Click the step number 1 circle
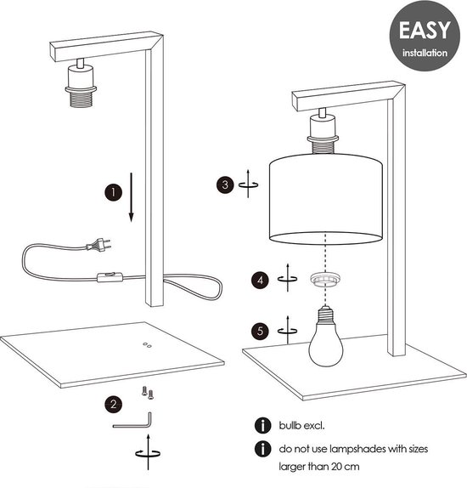[x=113, y=192]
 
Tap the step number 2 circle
[x=113, y=405]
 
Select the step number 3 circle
[x=225, y=184]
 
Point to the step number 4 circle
[x=260, y=280]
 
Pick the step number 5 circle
[x=260, y=331]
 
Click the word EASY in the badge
[x=425, y=31]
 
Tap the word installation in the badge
[x=425, y=53]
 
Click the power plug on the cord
[x=98, y=245]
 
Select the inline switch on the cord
[x=110, y=276]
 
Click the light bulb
[x=326, y=338]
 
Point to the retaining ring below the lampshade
[x=325, y=278]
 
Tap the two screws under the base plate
[x=148, y=393]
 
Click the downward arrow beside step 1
[x=132, y=197]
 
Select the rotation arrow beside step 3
[x=248, y=184]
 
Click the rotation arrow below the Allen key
[x=149, y=452]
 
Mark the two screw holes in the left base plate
[x=147, y=345]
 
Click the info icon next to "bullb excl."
[x=262, y=425]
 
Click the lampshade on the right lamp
[x=325, y=199]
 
